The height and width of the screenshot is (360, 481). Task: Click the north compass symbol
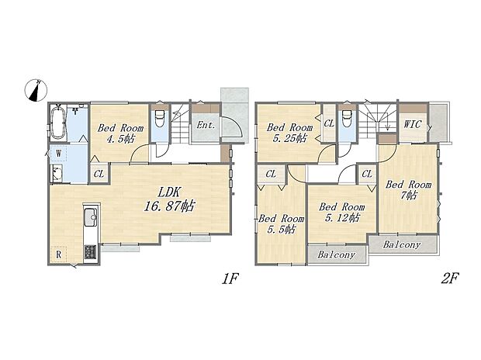click(x=36, y=90)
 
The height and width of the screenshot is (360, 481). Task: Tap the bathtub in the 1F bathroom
click(x=58, y=123)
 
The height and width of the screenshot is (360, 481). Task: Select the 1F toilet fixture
click(x=160, y=118)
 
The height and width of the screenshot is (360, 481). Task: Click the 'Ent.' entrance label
click(x=206, y=125)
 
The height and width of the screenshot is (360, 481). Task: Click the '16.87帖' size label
click(x=168, y=206)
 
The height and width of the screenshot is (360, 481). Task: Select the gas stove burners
click(x=91, y=252)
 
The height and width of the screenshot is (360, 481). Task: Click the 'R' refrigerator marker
click(x=59, y=254)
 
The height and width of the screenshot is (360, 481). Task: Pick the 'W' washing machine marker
click(x=59, y=153)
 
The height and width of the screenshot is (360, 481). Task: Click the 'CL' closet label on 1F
click(x=99, y=174)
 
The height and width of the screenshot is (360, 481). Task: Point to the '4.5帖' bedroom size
click(x=120, y=140)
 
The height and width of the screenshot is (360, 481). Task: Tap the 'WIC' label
click(x=413, y=124)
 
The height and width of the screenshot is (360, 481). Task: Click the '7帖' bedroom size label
click(x=409, y=196)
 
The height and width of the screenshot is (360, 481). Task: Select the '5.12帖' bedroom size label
click(x=342, y=218)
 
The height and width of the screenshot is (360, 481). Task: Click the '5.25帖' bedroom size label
click(x=289, y=138)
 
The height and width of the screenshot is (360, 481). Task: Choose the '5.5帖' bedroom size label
click(x=281, y=229)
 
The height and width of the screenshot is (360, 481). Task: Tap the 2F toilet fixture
click(x=348, y=118)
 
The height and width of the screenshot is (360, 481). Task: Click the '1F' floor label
click(x=230, y=279)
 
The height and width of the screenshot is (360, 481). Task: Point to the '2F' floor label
click(x=450, y=279)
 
